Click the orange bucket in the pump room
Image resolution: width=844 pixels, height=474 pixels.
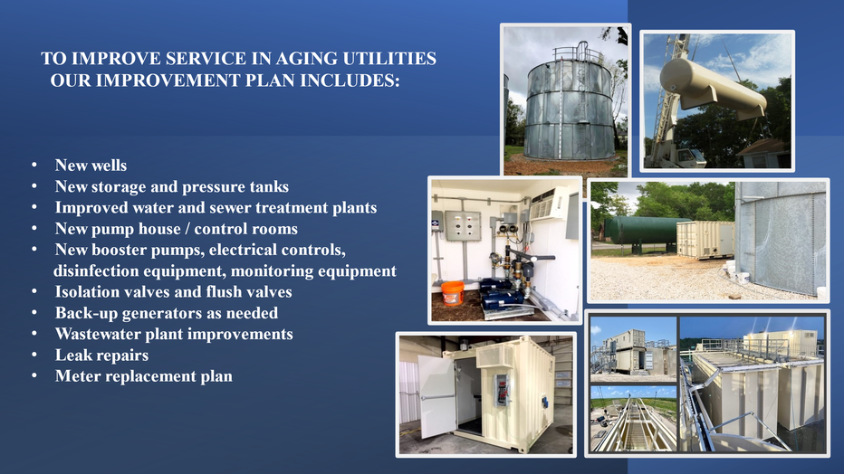[x=453, y=293]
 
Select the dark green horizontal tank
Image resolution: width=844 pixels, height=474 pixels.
[x=639, y=233]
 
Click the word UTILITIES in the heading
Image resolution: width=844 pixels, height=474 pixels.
[x=389, y=59]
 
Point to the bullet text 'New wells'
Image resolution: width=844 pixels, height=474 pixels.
[x=91, y=165]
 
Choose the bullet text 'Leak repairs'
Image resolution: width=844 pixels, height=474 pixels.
[x=101, y=355]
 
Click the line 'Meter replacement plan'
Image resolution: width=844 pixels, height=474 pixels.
[x=144, y=376]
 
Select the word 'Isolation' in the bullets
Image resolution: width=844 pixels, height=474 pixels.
[x=87, y=292]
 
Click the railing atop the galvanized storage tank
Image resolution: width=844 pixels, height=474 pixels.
[x=577, y=52]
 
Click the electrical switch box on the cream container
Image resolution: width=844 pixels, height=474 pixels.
[x=502, y=389]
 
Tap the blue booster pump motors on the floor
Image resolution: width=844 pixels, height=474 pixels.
[x=502, y=295]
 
